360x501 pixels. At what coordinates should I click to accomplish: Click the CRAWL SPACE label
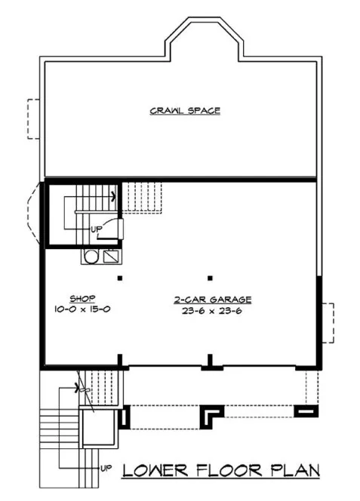pyautogui.click(x=184, y=111)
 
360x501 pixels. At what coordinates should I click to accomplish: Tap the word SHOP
pyautogui.click(x=79, y=298)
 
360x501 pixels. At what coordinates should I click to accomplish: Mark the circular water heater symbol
pyautogui.click(x=91, y=257)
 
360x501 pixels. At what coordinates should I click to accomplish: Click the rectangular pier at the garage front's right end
pyautogui.click(x=306, y=412)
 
